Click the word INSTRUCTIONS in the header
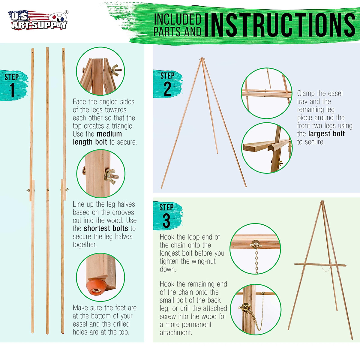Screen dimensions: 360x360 coord(280,25)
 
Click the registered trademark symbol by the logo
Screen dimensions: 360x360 coord(66,12)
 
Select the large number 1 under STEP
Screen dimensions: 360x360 coord(12,90)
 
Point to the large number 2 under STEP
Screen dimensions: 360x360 coord(167,89)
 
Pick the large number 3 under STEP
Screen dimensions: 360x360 coord(166,220)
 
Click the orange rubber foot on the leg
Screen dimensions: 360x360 coord(96,287)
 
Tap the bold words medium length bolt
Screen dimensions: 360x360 coord(97,138)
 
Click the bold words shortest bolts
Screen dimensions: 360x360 coord(106,228)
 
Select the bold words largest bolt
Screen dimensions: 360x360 coord(326,134)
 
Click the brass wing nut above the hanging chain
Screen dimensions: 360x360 coord(255,244)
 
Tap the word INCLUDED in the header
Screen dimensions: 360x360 coord(177,19)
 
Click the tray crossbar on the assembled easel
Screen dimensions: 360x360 coord(320,265)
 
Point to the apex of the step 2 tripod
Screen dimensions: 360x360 coord(202,58)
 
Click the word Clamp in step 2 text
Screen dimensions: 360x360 coord(307,94)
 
